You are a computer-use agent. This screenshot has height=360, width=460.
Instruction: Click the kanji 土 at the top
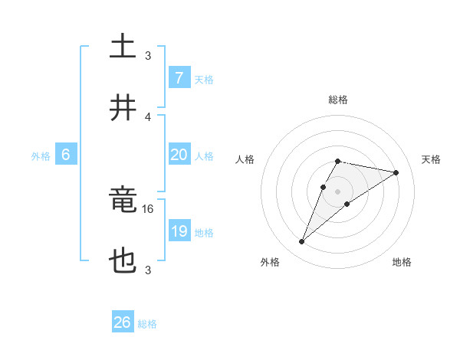pos(123,46)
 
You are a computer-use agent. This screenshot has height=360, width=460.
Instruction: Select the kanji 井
pos(123,109)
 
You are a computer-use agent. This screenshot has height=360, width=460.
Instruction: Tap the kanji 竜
pos(123,201)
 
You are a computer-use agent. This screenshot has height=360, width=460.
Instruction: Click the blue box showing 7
pos(179,78)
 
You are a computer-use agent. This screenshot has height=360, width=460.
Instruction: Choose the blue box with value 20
pos(179,155)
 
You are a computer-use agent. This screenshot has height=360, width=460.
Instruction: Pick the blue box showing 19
pos(179,231)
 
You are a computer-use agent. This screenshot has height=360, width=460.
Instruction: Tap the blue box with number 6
pos(66,155)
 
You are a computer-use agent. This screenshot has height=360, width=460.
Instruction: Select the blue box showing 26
pos(123,322)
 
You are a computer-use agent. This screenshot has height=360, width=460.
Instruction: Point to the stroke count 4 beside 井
pos(148,116)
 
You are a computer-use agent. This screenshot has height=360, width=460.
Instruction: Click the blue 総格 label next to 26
pos(147,324)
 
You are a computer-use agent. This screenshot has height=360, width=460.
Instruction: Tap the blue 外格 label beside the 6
pos(41,156)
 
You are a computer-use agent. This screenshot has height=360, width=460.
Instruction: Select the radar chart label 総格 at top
pos(337,100)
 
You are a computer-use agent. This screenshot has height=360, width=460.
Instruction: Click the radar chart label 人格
pos(245,159)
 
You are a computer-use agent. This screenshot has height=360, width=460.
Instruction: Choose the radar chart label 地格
pos(402,262)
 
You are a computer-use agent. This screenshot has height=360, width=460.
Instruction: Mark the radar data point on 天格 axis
pos(396,172)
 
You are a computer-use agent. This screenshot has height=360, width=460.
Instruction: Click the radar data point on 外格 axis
pos(301,242)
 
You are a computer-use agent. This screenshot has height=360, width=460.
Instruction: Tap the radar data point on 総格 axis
pos(337,161)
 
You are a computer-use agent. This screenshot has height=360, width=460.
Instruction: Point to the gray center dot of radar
pos(337,191)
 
